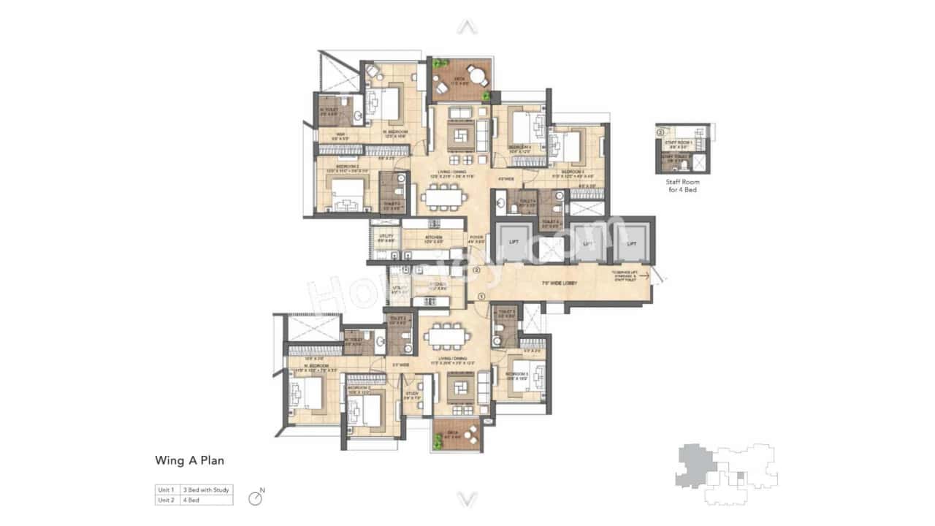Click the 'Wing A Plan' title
(x=189, y=460)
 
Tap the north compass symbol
(x=255, y=498)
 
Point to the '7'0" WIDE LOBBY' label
(x=555, y=282)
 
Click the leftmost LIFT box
(x=514, y=243)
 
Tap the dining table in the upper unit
(x=443, y=196)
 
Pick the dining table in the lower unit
(x=449, y=337)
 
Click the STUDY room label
(x=412, y=395)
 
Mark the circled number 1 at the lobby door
(x=481, y=296)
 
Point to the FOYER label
(x=476, y=238)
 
